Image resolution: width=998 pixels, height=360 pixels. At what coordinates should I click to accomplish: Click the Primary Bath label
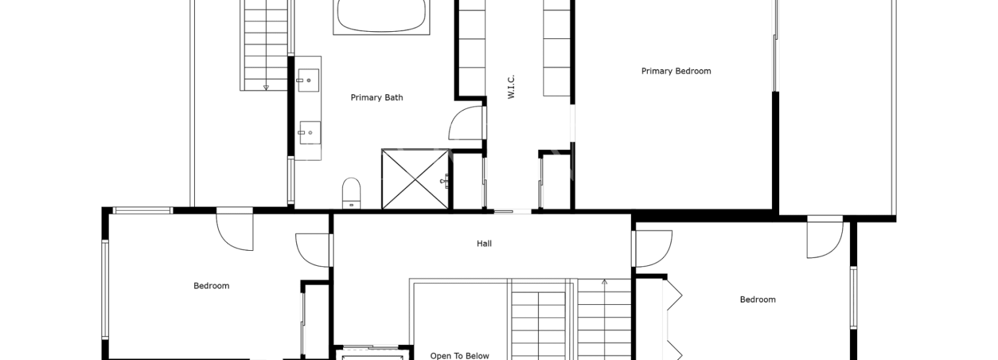377,98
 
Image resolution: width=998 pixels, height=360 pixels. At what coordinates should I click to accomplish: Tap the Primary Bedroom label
676,71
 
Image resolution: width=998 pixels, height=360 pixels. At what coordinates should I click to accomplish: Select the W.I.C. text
511,87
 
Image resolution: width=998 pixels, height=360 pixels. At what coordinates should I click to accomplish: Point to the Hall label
484,243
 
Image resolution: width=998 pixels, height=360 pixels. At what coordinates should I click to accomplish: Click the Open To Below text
459,356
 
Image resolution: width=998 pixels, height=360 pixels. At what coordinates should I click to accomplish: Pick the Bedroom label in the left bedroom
211,286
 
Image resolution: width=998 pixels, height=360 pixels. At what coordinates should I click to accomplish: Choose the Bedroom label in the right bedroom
757,299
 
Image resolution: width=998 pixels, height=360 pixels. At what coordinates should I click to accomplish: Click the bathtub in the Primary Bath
381,16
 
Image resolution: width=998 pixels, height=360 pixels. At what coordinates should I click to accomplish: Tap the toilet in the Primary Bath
351,193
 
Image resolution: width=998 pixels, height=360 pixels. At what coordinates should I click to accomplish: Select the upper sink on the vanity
308,80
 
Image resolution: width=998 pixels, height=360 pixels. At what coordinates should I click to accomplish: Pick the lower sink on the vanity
309,133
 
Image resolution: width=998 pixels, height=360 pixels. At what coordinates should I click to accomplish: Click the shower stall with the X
415,179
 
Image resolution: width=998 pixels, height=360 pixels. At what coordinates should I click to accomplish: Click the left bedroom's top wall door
235,232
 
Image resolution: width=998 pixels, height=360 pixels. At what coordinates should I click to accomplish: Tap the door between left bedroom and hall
312,250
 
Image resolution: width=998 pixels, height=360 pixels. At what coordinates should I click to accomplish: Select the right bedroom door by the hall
653,248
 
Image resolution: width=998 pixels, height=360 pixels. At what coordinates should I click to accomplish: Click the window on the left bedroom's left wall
106,290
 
